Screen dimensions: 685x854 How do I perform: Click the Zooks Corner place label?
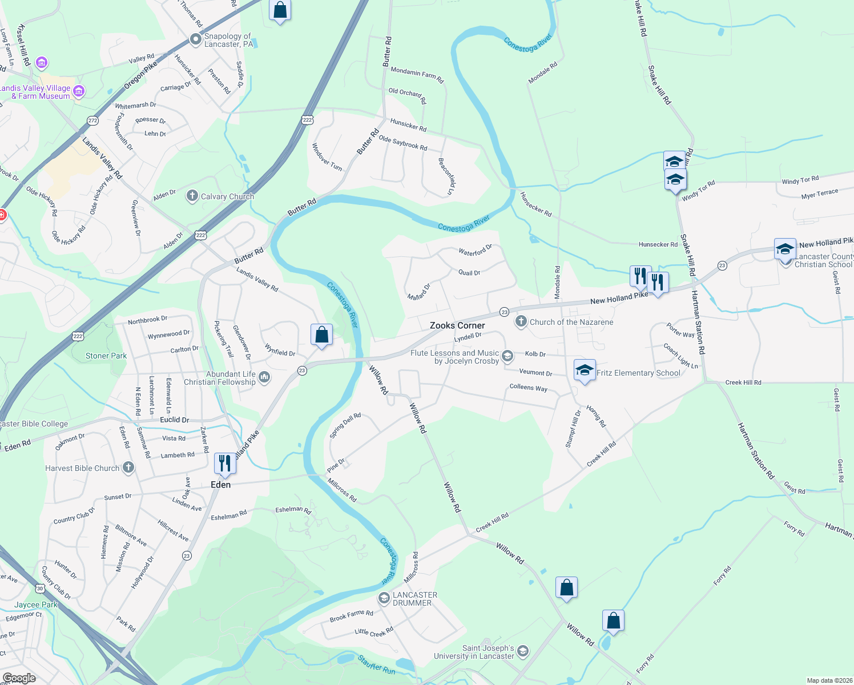(457, 325)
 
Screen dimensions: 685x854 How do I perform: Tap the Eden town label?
(221, 485)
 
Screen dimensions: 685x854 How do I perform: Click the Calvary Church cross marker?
(192, 196)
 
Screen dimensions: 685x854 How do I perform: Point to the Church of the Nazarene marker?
(521, 322)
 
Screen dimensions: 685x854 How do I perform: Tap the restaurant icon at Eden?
(225, 464)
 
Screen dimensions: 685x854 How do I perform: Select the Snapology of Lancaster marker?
(196, 39)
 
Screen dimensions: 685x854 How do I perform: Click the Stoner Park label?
(106, 356)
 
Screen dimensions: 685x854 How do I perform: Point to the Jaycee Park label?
(36, 605)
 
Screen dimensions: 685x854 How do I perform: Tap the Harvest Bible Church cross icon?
(128, 468)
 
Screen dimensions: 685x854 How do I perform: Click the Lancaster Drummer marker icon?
(384, 598)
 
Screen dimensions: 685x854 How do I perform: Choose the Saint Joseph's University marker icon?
(522, 651)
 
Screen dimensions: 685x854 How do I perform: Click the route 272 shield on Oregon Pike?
(93, 120)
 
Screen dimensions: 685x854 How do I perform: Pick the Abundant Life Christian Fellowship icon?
(264, 377)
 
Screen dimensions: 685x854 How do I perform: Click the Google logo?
(19, 678)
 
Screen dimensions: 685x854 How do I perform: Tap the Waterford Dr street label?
(475, 251)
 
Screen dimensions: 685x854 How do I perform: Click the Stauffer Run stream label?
(377, 666)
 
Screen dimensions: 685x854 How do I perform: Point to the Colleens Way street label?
(528, 388)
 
